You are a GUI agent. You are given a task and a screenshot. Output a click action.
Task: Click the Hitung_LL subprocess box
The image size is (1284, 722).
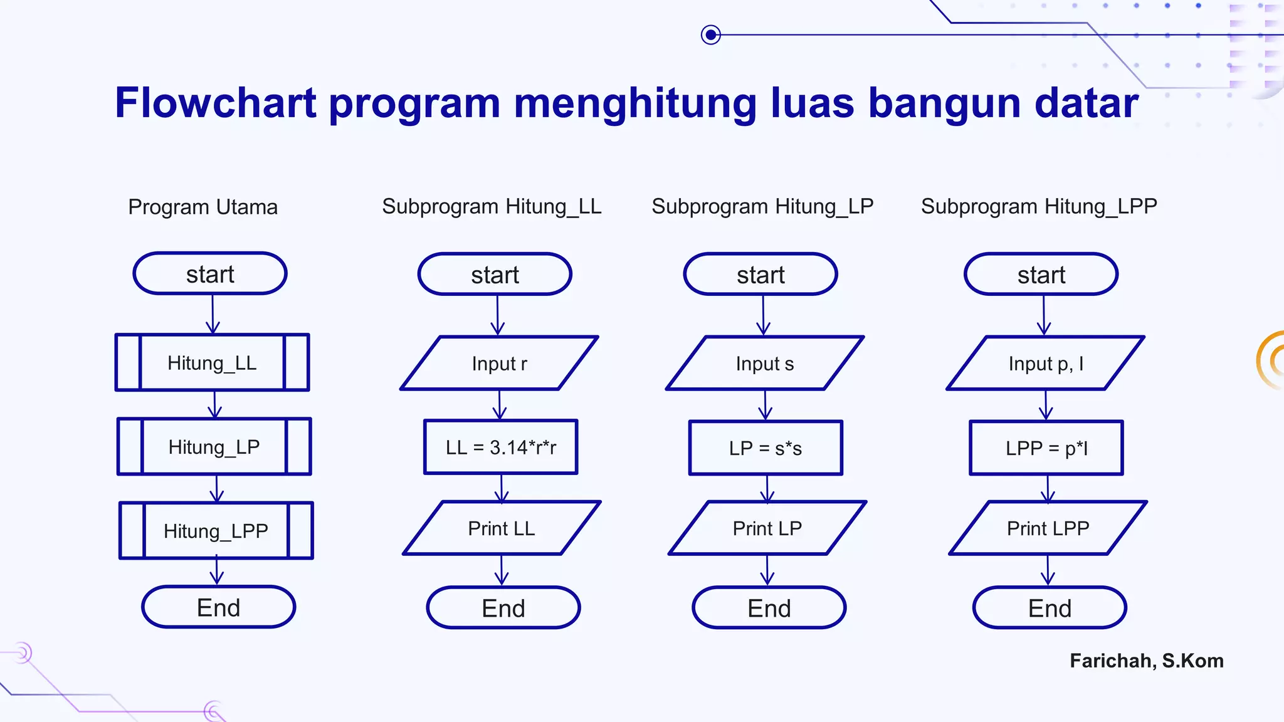coord(212,362)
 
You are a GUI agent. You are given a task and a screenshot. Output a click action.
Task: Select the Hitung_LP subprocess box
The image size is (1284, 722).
coord(214,446)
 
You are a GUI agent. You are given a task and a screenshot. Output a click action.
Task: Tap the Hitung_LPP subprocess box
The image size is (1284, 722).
coord(216,530)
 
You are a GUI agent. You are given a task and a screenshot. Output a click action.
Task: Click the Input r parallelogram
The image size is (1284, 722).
coord(499,363)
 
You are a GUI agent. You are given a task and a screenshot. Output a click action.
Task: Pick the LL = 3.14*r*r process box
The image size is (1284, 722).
coord(500,447)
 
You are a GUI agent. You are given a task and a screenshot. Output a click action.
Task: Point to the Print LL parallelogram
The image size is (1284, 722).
coord(502,528)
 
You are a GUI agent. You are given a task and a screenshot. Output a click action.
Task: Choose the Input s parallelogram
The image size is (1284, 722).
coord(765,363)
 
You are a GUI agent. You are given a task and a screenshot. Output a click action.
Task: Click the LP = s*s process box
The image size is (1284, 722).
coord(766,447)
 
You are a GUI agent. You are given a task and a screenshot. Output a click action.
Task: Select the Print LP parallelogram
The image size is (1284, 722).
coord(767,528)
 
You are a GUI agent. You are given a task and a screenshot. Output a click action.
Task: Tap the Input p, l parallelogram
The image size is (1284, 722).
coord(1045,363)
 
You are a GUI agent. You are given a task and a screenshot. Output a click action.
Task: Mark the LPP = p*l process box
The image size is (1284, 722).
coord(1046,447)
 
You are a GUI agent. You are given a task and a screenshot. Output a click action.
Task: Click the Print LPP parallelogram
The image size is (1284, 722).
coord(1048,528)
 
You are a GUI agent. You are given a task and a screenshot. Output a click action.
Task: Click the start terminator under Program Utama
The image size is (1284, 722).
coord(210,274)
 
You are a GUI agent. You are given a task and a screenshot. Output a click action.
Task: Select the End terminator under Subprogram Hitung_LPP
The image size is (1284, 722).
coord(1050,608)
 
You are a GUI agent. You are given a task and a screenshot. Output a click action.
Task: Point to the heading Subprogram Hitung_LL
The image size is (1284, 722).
coord(492,206)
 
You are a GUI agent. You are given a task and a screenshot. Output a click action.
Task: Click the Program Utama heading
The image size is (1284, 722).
coord(203,207)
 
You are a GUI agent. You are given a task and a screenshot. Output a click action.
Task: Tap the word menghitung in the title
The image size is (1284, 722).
coord(635,103)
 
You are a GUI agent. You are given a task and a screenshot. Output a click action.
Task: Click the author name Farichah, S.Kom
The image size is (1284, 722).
coord(1146,661)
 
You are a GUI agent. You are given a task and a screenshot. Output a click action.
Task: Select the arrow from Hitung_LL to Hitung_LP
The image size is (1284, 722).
coord(215,404)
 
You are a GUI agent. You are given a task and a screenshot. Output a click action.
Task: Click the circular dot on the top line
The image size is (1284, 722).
coord(710,34)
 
